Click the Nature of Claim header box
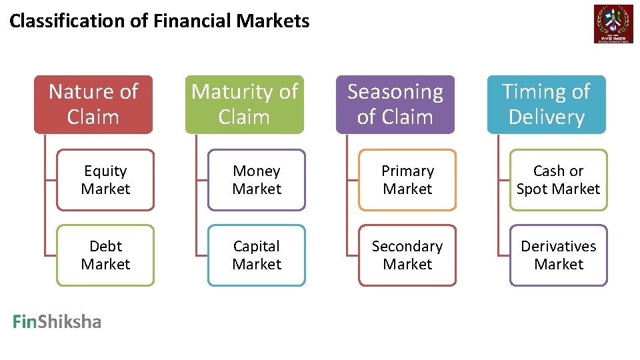point(93,104)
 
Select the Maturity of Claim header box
point(244,104)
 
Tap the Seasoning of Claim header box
point(395,104)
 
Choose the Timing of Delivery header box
point(546,104)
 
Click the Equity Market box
point(105,180)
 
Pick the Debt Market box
point(105,255)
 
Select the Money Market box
point(257,180)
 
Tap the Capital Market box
point(257,255)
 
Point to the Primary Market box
point(407,180)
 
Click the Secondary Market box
point(407,255)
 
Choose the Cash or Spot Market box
point(559,180)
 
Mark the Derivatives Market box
point(559,255)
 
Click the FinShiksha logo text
point(57,323)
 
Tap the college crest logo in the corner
point(613,24)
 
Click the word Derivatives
point(559,247)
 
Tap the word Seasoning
point(395,92)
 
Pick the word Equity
point(105,171)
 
